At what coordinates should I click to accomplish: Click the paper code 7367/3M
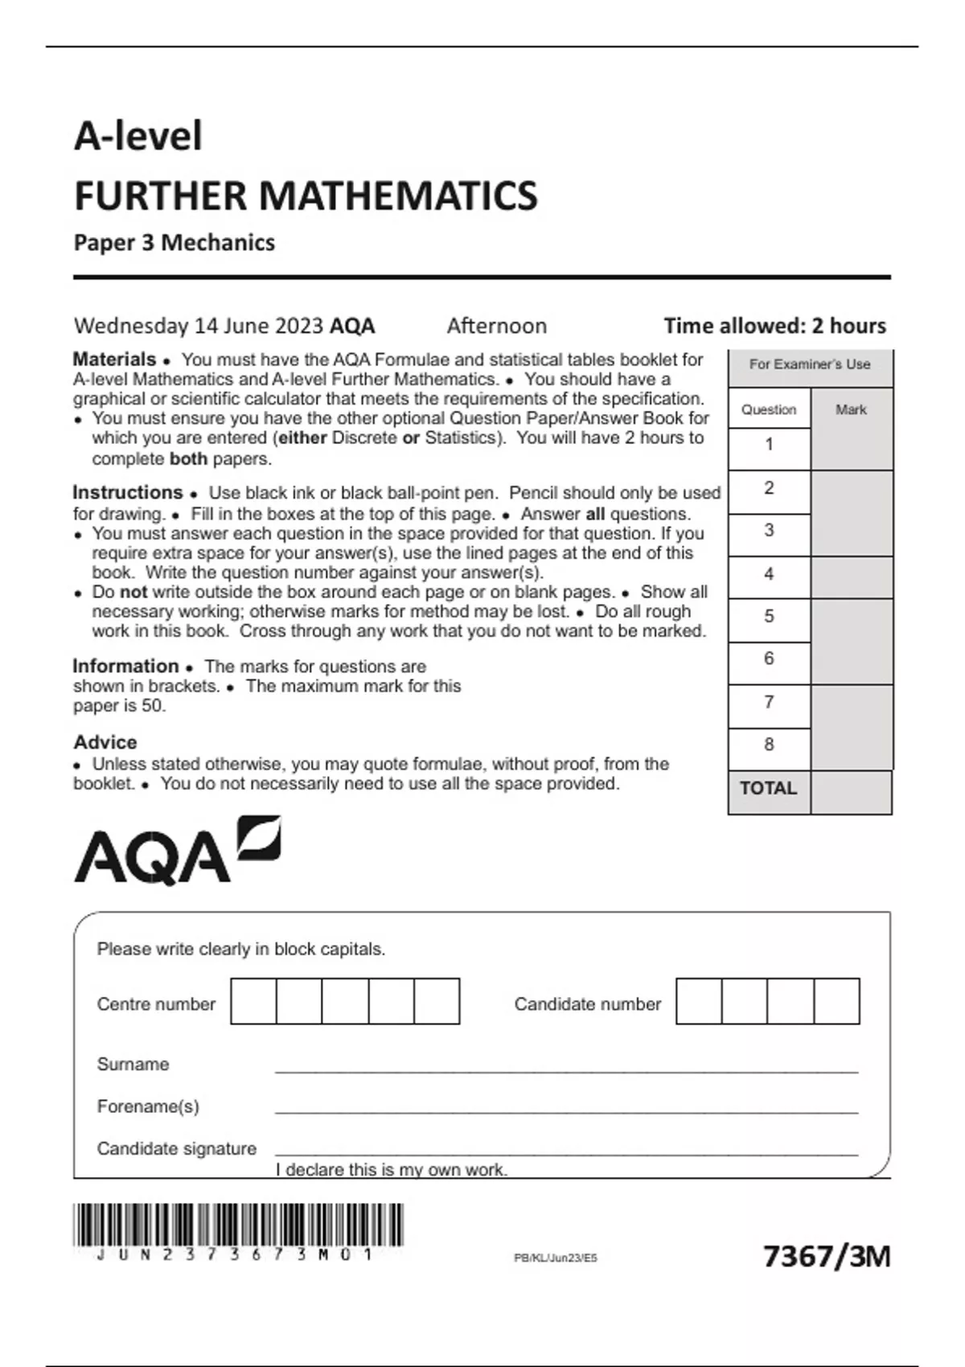pyautogui.click(x=826, y=1256)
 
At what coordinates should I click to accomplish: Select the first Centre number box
pyautogui.click(x=253, y=1001)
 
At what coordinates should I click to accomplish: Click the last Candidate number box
pyautogui.click(x=837, y=1001)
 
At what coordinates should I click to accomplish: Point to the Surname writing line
pyautogui.click(x=566, y=1069)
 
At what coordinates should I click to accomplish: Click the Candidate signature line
pyautogui.click(x=566, y=1153)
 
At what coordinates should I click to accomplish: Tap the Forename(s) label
pyautogui.click(x=148, y=1106)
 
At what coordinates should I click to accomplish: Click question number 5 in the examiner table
pyautogui.click(x=769, y=617)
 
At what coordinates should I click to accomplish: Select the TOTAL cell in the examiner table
pyautogui.click(x=769, y=789)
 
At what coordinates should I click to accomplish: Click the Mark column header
pyautogui.click(x=851, y=409)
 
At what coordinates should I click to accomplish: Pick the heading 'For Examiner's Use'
pyautogui.click(x=810, y=364)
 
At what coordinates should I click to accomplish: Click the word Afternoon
pyautogui.click(x=496, y=326)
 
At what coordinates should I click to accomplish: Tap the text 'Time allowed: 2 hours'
pyautogui.click(x=774, y=326)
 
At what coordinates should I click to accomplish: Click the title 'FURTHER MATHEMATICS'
pyautogui.click(x=306, y=196)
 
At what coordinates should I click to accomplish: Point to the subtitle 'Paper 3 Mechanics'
pyautogui.click(x=175, y=243)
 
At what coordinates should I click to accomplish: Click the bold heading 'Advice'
pyautogui.click(x=105, y=742)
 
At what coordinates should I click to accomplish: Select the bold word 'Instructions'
pyautogui.click(x=128, y=492)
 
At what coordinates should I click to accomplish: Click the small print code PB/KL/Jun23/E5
pyautogui.click(x=556, y=1258)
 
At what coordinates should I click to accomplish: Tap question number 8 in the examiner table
pyautogui.click(x=769, y=745)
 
